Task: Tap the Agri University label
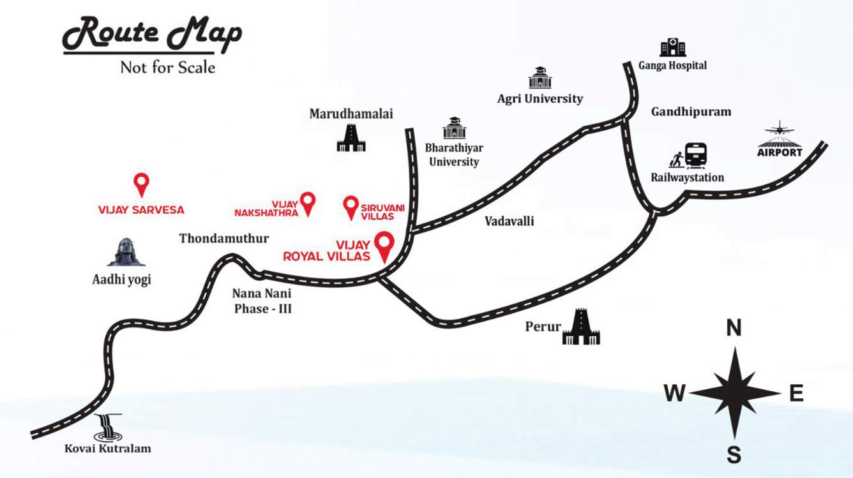pos(540,98)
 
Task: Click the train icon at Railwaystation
pos(695,156)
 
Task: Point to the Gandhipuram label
pos(691,112)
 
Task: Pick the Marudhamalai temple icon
pos(351,137)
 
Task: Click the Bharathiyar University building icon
pos(454,128)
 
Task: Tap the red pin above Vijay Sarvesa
pos(141,184)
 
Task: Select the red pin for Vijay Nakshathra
pos(308,203)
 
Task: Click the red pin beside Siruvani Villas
pos(351,207)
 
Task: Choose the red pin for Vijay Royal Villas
pos(384,246)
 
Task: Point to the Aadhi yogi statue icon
pos(126,253)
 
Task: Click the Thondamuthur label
pos(224,239)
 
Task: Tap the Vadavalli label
pos(509,221)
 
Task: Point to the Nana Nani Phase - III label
pos(262,301)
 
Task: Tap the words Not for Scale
pos(167,67)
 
